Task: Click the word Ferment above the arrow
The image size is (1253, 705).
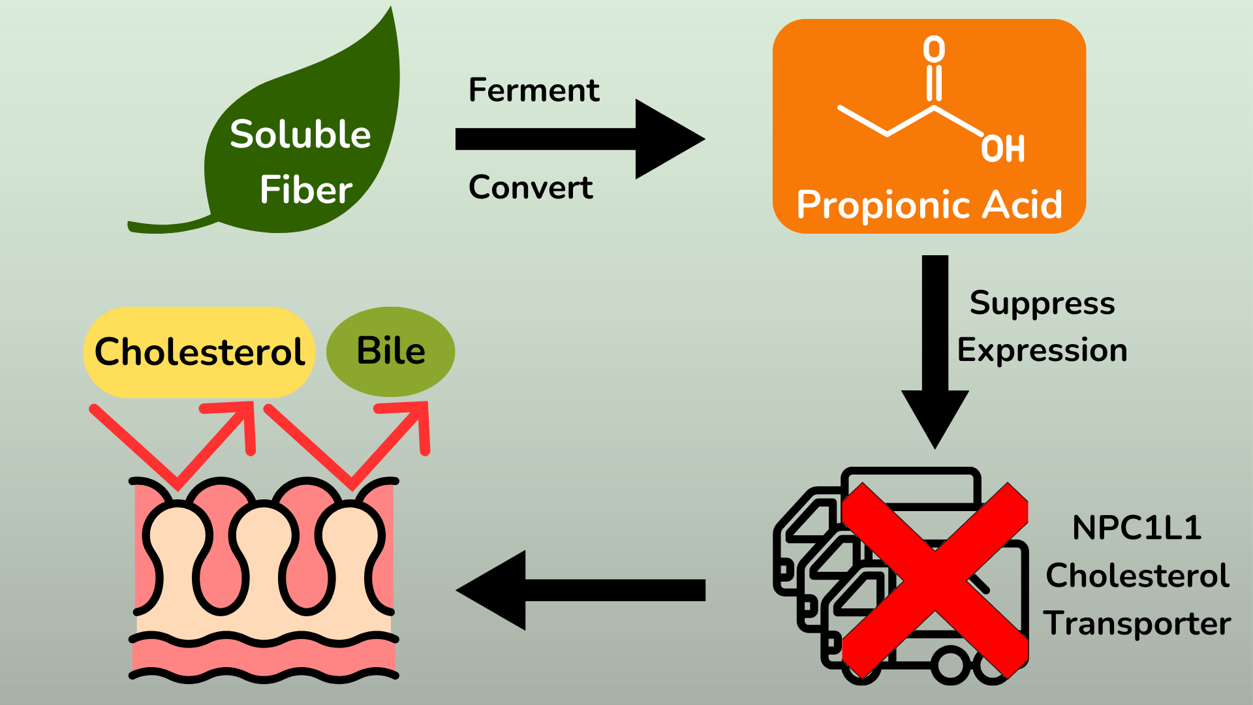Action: coord(533,90)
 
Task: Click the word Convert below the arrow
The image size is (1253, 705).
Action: coord(531,188)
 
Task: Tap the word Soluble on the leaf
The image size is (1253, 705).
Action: coord(300,134)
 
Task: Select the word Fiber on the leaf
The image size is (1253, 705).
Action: coord(305,190)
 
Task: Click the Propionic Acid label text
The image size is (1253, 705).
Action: coord(929,204)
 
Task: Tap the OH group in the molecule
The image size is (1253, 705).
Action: coord(1003,149)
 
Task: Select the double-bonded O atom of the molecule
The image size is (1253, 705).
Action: coord(934,50)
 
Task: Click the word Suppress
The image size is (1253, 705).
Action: coord(1042,304)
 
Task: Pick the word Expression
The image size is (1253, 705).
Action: coord(1042,351)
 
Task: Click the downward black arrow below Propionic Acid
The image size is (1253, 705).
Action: coord(935,352)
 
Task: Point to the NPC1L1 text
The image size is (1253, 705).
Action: coord(1136,527)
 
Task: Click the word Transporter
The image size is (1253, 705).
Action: coord(1136,623)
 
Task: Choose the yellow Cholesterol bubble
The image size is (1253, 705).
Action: coord(199,352)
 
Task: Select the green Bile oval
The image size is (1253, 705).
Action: coord(390,351)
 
